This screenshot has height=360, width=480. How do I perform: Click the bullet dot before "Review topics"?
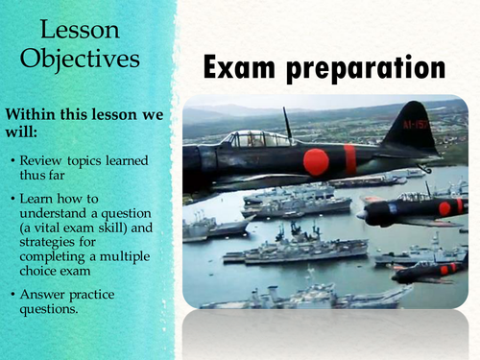click(13, 157)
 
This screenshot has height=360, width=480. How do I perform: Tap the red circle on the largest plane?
click(316, 162)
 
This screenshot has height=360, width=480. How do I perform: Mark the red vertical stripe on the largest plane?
click(350, 158)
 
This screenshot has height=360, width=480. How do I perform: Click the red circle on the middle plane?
click(444, 208)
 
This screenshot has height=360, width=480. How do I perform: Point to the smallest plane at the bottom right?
click(437, 270)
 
